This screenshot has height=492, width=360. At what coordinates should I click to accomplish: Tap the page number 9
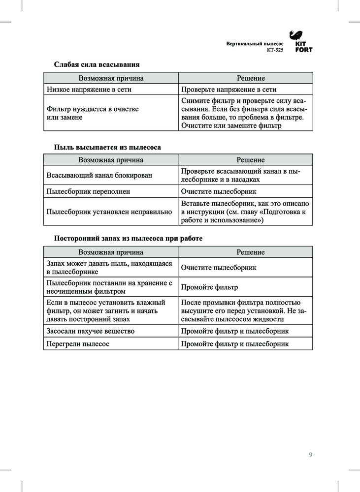pos(310,455)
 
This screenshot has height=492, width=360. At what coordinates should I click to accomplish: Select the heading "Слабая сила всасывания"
pos(97,64)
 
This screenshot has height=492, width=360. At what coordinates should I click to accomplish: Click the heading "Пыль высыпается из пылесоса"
pos(107,147)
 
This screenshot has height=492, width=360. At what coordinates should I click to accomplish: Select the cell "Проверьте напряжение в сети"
pos(229,90)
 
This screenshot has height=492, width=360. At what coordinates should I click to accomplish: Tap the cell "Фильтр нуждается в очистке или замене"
pos(92,113)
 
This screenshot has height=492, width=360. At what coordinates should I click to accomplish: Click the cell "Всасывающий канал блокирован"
pos(99,175)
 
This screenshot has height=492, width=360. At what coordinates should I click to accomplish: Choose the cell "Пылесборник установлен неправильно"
pos(109,212)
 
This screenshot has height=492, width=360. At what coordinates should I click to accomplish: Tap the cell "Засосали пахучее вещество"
pos(90,331)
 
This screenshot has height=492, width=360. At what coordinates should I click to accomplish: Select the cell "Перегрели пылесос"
pos(78,344)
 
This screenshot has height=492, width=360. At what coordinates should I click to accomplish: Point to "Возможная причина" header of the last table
pos(111,252)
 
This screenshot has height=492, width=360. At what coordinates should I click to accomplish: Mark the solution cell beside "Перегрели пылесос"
pos(234,344)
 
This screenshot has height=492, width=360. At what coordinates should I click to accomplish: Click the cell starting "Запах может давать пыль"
pos(109,268)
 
